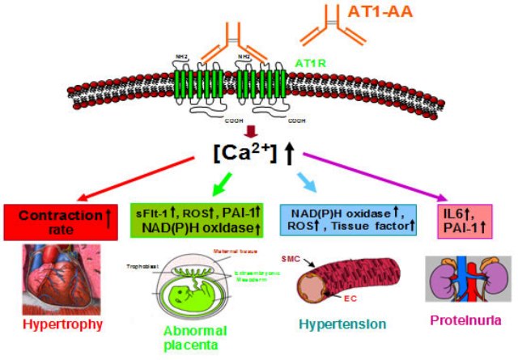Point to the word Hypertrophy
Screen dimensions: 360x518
coord(62,325)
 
